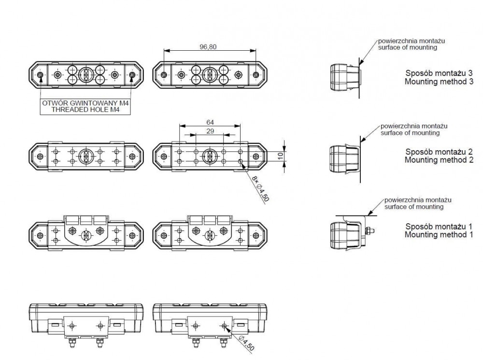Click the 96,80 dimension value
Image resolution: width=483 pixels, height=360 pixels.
point(208,47)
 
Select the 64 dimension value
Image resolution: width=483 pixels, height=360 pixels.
point(210,122)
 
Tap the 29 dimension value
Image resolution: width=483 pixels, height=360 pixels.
point(210,131)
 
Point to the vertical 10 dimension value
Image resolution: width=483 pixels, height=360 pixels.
point(280,156)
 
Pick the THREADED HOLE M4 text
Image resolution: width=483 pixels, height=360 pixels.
point(85,109)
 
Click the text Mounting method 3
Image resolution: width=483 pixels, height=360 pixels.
point(439,82)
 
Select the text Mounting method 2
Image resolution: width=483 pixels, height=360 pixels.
point(439,160)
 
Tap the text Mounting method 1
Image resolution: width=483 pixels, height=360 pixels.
point(439,234)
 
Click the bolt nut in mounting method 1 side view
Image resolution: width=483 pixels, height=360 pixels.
point(369,230)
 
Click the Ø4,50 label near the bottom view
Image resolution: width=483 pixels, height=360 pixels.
point(246,344)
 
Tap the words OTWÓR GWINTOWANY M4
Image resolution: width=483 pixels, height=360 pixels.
point(85,103)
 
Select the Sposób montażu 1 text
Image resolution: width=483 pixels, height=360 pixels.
point(439,227)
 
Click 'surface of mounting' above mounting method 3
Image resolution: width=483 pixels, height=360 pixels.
point(408,47)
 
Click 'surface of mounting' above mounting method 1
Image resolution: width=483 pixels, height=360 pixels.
point(414,207)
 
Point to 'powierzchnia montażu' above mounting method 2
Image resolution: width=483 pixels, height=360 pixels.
point(414,126)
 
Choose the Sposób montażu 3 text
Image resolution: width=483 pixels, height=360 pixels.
point(439,73)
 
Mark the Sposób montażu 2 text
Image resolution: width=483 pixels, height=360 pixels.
point(439,152)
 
